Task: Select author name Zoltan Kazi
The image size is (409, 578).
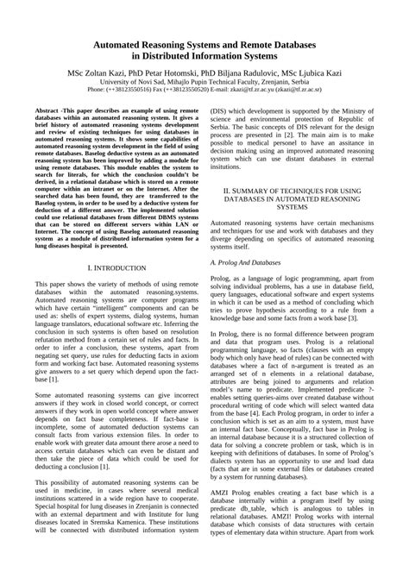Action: (x=114, y=75)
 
